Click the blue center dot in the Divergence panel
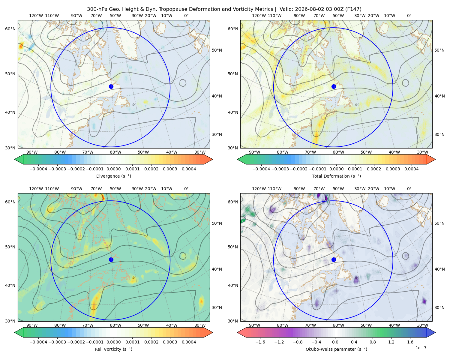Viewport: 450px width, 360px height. coord(111,87)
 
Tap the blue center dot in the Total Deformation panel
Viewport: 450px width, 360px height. coord(334,87)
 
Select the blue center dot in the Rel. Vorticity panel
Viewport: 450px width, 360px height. coord(111,259)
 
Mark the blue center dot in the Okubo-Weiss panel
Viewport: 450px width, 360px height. coord(334,259)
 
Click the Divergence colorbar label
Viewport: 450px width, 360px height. coord(113,176)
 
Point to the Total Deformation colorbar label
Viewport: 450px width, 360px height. coord(336,176)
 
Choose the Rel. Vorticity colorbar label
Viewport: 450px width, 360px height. coord(113,349)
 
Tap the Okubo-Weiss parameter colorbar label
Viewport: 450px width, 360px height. coord(336,349)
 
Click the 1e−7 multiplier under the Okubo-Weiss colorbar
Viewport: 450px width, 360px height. coord(421,348)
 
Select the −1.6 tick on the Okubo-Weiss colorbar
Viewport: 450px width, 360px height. coord(260,342)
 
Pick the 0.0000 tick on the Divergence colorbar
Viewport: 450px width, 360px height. coord(113,169)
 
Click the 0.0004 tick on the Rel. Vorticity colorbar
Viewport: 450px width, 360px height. coord(189,342)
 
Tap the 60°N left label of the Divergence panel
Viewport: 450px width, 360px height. coord(10,29)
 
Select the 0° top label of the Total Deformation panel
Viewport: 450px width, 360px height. coord(409,16)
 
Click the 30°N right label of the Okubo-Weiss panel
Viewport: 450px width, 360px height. coord(439,307)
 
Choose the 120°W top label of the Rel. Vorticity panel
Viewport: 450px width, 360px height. coord(36,189)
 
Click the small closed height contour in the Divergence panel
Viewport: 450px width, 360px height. coord(183,83)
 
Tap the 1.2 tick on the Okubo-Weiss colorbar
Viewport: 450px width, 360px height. coord(391,342)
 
